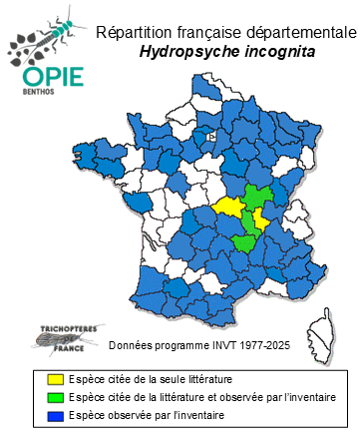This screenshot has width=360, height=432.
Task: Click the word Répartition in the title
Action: pos(135,33)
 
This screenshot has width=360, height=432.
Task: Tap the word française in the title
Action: pos(209,33)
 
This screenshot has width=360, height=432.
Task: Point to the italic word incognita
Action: pos(270,52)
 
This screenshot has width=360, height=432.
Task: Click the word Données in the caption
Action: pos(131,346)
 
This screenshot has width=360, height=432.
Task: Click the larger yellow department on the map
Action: pos(228,207)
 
